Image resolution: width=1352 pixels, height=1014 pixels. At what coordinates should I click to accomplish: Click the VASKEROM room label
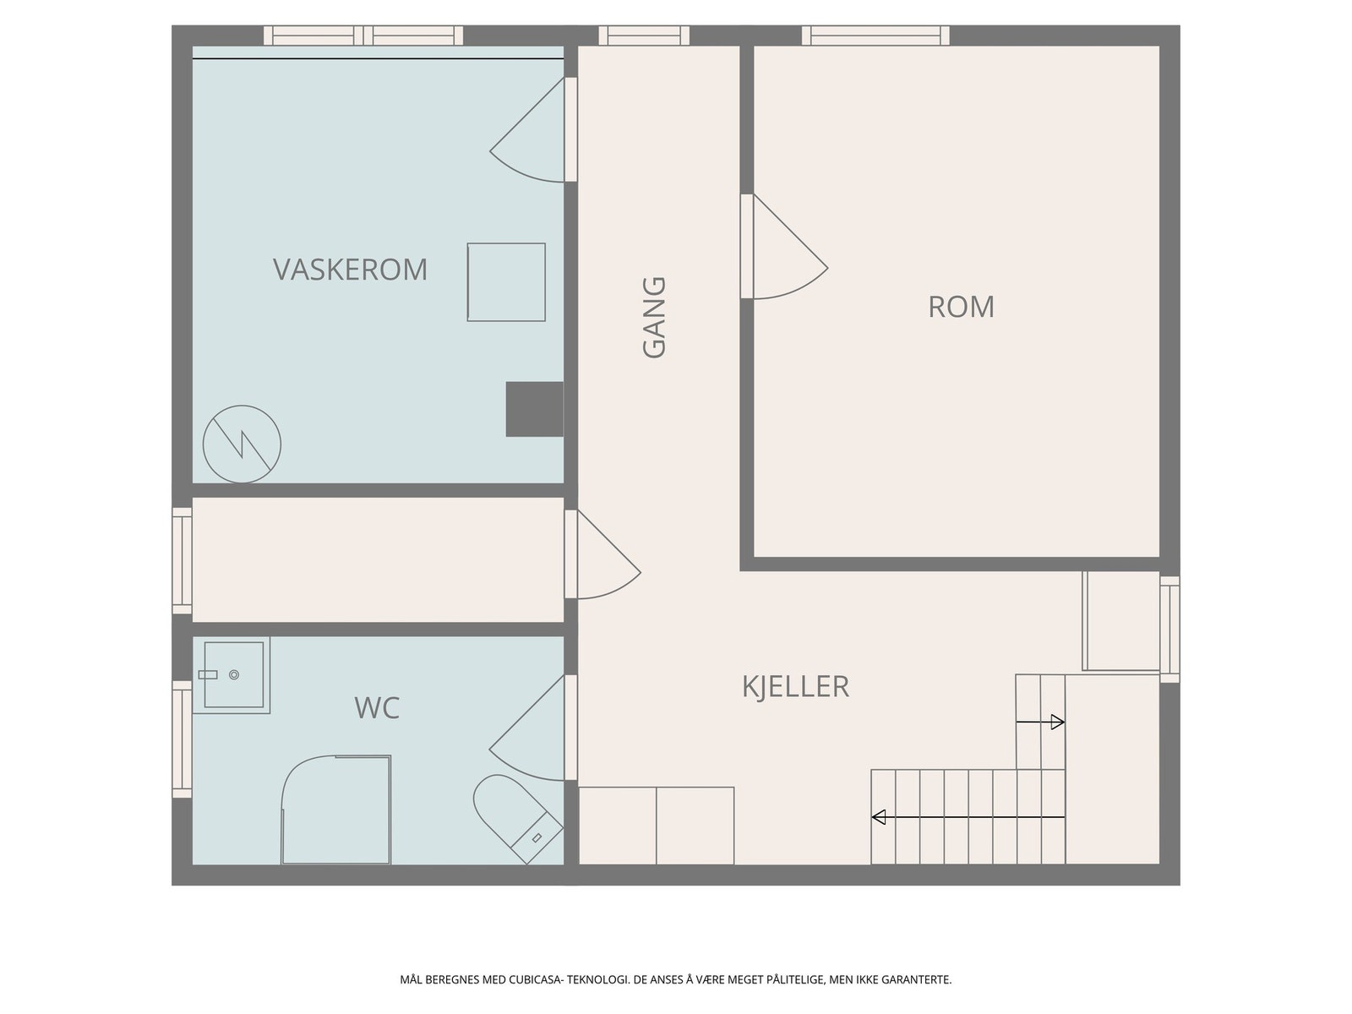coord(350,270)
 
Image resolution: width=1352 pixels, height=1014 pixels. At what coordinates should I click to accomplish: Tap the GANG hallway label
coord(654,317)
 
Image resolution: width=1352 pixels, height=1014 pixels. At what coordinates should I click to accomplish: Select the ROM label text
coord(961,308)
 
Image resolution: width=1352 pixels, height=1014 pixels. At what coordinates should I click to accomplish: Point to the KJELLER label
coord(795,686)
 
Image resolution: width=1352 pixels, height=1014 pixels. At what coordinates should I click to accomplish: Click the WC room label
coord(377,708)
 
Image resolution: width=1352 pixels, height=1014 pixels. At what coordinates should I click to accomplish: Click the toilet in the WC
coord(516,818)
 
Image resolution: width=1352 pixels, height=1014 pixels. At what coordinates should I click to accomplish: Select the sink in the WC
coord(232,675)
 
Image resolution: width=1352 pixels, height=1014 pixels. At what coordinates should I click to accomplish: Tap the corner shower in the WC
coord(335,809)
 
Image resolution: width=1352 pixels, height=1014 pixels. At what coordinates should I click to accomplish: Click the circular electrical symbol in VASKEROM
coord(242,444)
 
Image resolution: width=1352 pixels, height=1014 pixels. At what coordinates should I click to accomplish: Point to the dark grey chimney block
coord(535,409)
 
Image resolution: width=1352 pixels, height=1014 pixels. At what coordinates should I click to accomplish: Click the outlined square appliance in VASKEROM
coord(506,282)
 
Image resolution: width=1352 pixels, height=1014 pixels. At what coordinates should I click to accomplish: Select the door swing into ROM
coord(790,246)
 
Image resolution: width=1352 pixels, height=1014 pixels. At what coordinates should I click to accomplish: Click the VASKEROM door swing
coord(527,130)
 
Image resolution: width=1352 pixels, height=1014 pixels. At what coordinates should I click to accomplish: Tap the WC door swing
coord(527,728)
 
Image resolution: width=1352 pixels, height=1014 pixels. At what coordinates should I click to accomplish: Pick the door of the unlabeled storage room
coord(608,554)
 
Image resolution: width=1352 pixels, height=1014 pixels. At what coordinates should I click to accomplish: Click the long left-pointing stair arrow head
coord(879,817)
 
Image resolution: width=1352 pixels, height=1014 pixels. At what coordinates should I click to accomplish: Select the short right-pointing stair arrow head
coord(1058,722)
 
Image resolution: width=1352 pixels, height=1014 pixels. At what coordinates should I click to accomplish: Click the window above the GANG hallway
coord(644,35)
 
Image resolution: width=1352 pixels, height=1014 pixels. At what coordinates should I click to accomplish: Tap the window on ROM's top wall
coord(875,35)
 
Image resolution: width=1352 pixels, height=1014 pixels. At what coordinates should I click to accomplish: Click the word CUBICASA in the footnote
coord(535,979)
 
